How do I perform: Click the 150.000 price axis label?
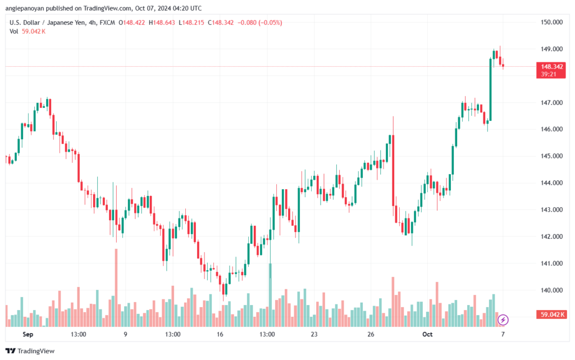point(551,22)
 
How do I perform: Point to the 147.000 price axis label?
point(551,103)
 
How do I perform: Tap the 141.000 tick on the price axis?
point(551,263)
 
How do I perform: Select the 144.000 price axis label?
point(551,183)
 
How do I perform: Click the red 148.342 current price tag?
point(551,70)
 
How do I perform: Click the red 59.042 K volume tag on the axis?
point(551,315)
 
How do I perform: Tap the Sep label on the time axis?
point(28,334)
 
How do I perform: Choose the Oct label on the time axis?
point(427,334)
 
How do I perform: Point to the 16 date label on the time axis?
point(220,334)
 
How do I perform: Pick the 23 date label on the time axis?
point(314,334)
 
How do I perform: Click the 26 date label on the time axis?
point(371,334)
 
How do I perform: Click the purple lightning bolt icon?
point(503,320)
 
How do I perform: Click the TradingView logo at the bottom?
point(30,351)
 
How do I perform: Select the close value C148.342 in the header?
point(221,22)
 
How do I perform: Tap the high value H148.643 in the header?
point(162,22)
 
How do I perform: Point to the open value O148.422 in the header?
point(131,22)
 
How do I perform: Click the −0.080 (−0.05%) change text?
point(259,22)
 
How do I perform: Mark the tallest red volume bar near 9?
point(116,288)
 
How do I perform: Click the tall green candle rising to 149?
point(491,89)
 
